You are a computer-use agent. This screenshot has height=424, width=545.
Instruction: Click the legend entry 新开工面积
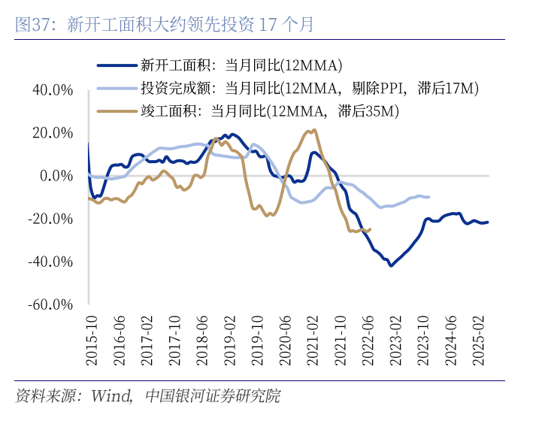pos(241,64)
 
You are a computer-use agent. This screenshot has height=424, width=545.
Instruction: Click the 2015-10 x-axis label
pos(91,340)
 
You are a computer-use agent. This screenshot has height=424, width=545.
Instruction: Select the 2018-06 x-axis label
pos(201,340)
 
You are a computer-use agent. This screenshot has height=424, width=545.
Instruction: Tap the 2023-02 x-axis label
pos(395,340)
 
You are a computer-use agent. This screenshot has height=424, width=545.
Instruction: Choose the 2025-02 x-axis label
pos(477,340)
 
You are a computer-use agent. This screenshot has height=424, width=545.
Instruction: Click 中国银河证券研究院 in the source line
pos(212,395)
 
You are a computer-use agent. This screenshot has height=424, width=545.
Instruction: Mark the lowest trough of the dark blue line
pos(391,265)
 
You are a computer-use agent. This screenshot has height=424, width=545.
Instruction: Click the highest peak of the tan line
pos(313,130)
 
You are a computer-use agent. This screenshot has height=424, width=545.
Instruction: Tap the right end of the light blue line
pos(428,197)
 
